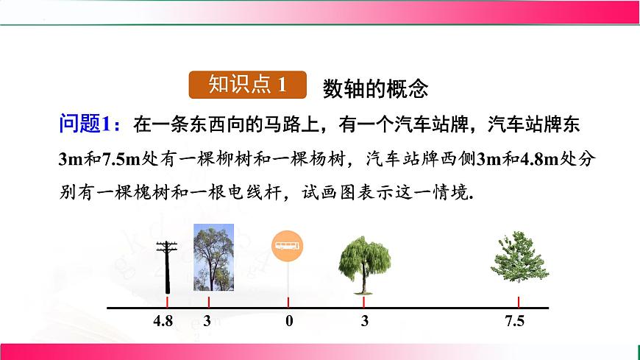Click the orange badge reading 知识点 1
(x=247, y=85)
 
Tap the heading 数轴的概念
(x=375, y=88)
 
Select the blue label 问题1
(x=85, y=124)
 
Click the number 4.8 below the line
(x=163, y=321)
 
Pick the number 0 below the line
(x=289, y=321)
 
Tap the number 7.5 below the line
(x=515, y=321)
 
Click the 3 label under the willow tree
(x=365, y=321)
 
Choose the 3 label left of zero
(x=207, y=321)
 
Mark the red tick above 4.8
(x=168, y=302)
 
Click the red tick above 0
(x=288, y=302)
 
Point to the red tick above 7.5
(x=519, y=302)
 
